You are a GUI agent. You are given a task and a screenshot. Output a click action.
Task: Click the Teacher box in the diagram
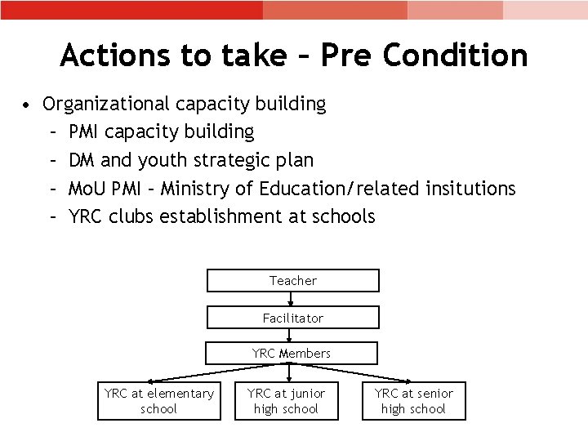[x=293, y=280]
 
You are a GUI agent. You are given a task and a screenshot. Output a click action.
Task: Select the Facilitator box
[x=293, y=318]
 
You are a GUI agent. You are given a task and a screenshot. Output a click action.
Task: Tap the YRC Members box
[x=292, y=354]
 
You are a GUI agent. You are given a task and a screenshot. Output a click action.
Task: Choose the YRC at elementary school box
[x=159, y=401]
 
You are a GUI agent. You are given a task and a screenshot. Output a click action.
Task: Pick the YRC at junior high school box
[x=287, y=401]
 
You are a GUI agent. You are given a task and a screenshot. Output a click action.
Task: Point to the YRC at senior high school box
[x=414, y=401]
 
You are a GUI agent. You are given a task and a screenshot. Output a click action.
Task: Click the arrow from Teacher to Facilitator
[x=292, y=299]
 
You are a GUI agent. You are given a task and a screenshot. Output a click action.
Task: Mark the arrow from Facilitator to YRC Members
[x=292, y=336]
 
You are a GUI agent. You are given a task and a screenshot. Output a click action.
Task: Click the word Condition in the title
[x=465, y=56]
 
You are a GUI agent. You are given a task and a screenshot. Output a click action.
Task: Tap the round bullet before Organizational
[x=28, y=105]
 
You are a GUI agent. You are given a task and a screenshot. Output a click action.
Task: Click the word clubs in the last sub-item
[x=131, y=216]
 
